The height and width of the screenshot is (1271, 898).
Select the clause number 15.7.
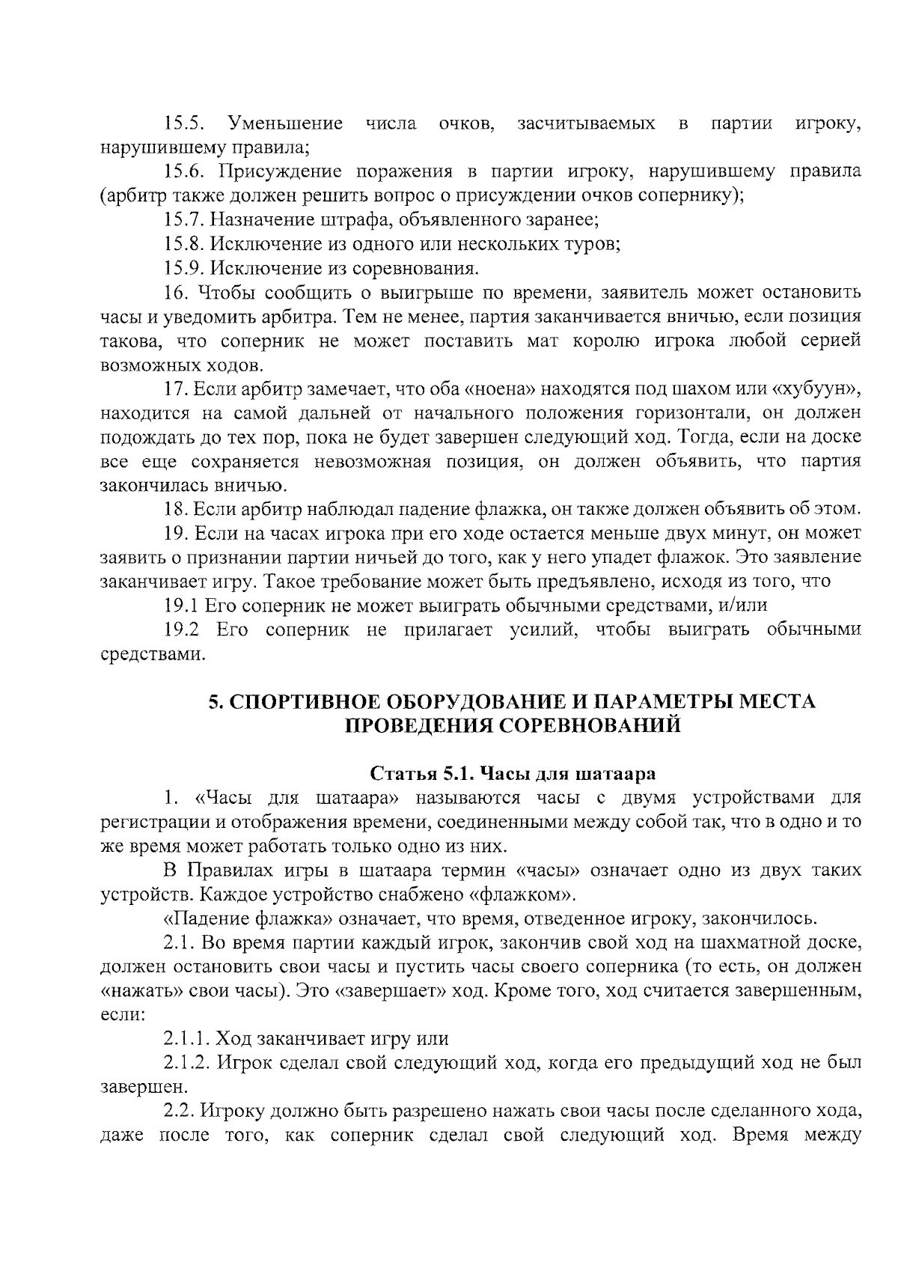(x=185, y=220)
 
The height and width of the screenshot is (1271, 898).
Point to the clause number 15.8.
(x=185, y=244)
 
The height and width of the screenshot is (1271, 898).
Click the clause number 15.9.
(x=185, y=268)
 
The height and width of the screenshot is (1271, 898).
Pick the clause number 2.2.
(x=179, y=1111)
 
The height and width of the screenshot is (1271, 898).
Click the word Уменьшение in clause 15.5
(x=285, y=124)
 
